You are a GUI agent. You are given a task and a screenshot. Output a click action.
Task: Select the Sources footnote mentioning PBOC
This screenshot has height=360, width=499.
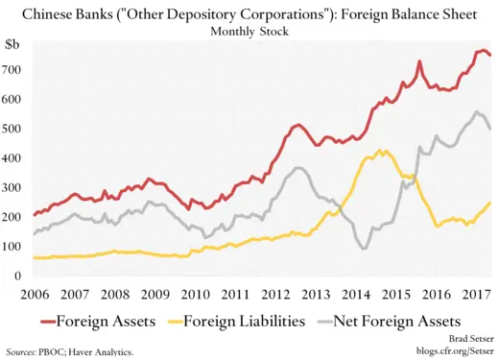(69, 351)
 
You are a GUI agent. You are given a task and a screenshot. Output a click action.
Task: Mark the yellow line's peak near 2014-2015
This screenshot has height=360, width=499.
(382, 151)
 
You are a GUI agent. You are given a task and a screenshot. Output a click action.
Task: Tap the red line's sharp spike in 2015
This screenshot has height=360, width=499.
(419, 62)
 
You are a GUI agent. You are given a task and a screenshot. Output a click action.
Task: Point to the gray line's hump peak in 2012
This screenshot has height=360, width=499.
(298, 168)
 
